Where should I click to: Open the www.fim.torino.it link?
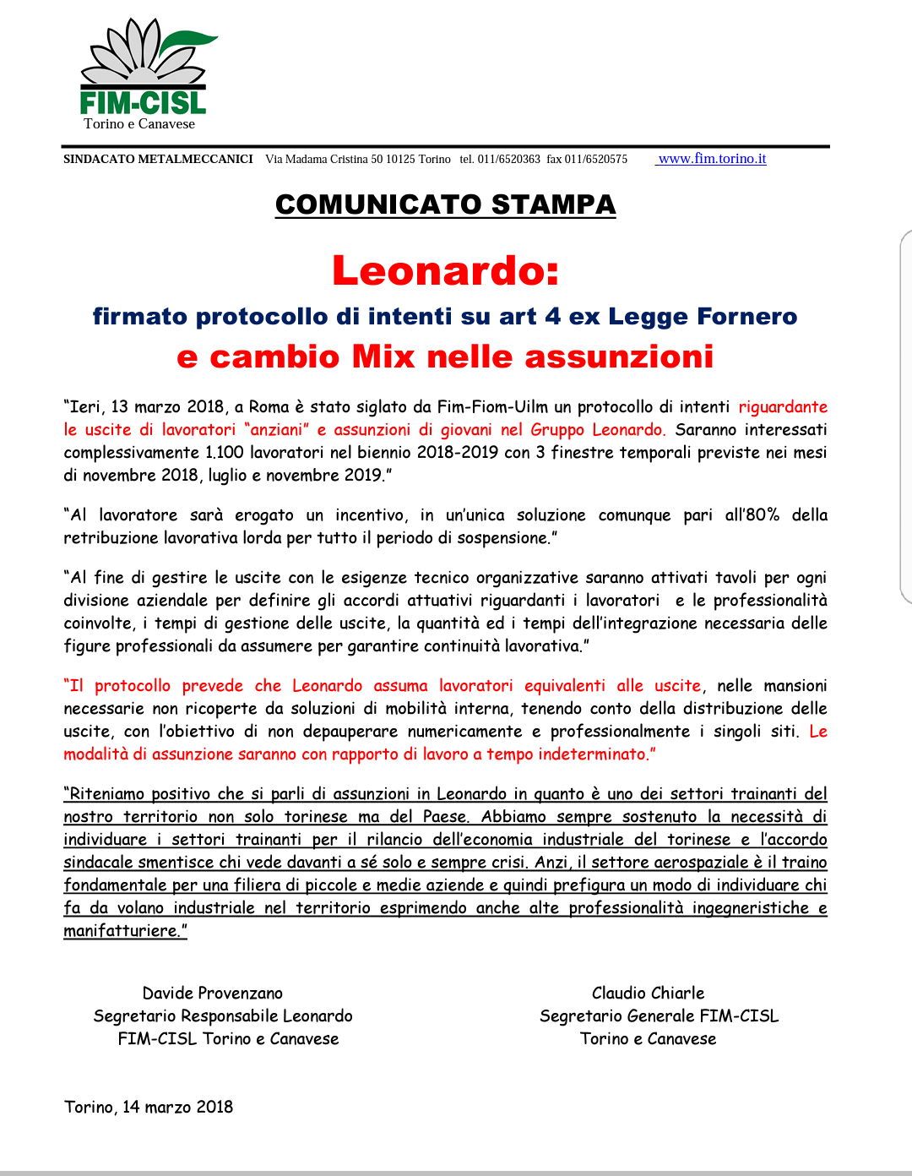coord(712,159)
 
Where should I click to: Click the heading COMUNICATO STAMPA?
coord(445,204)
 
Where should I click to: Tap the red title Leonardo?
coord(445,271)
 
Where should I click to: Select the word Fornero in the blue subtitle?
coord(747,317)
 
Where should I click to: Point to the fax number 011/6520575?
coord(596,159)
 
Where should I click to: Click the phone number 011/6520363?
coord(508,159)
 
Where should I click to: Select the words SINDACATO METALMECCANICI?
coord(158,159)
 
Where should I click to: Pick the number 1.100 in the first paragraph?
coord(225,452)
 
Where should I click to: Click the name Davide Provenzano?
coord(212,994)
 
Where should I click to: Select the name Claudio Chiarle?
coord(648,994)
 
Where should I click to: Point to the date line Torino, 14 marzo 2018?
coord(149,1107)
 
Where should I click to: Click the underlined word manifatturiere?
coord(122,931)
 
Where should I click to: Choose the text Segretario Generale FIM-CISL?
coord(659,1016)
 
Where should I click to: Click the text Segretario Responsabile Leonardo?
coord(223,1016)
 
